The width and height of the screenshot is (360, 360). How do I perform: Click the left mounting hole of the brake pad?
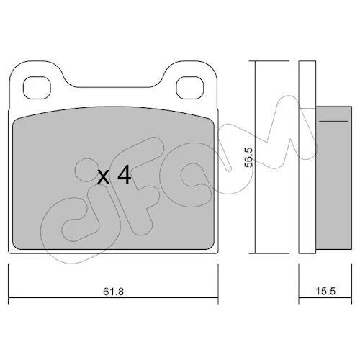[37, 88]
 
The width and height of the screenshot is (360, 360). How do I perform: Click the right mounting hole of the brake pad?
[190, 88]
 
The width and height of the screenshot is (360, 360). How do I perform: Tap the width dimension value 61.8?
[113, 292]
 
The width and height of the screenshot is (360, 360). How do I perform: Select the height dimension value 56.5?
[248, 157]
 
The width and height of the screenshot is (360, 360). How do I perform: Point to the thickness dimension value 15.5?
[325, 292]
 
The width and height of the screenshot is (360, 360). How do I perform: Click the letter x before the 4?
[104, 177]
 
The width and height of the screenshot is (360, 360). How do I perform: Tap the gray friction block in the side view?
[334, 179]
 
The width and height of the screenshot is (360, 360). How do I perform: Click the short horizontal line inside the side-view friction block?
[333, 121]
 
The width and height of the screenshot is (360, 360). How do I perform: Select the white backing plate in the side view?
[307, 157]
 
